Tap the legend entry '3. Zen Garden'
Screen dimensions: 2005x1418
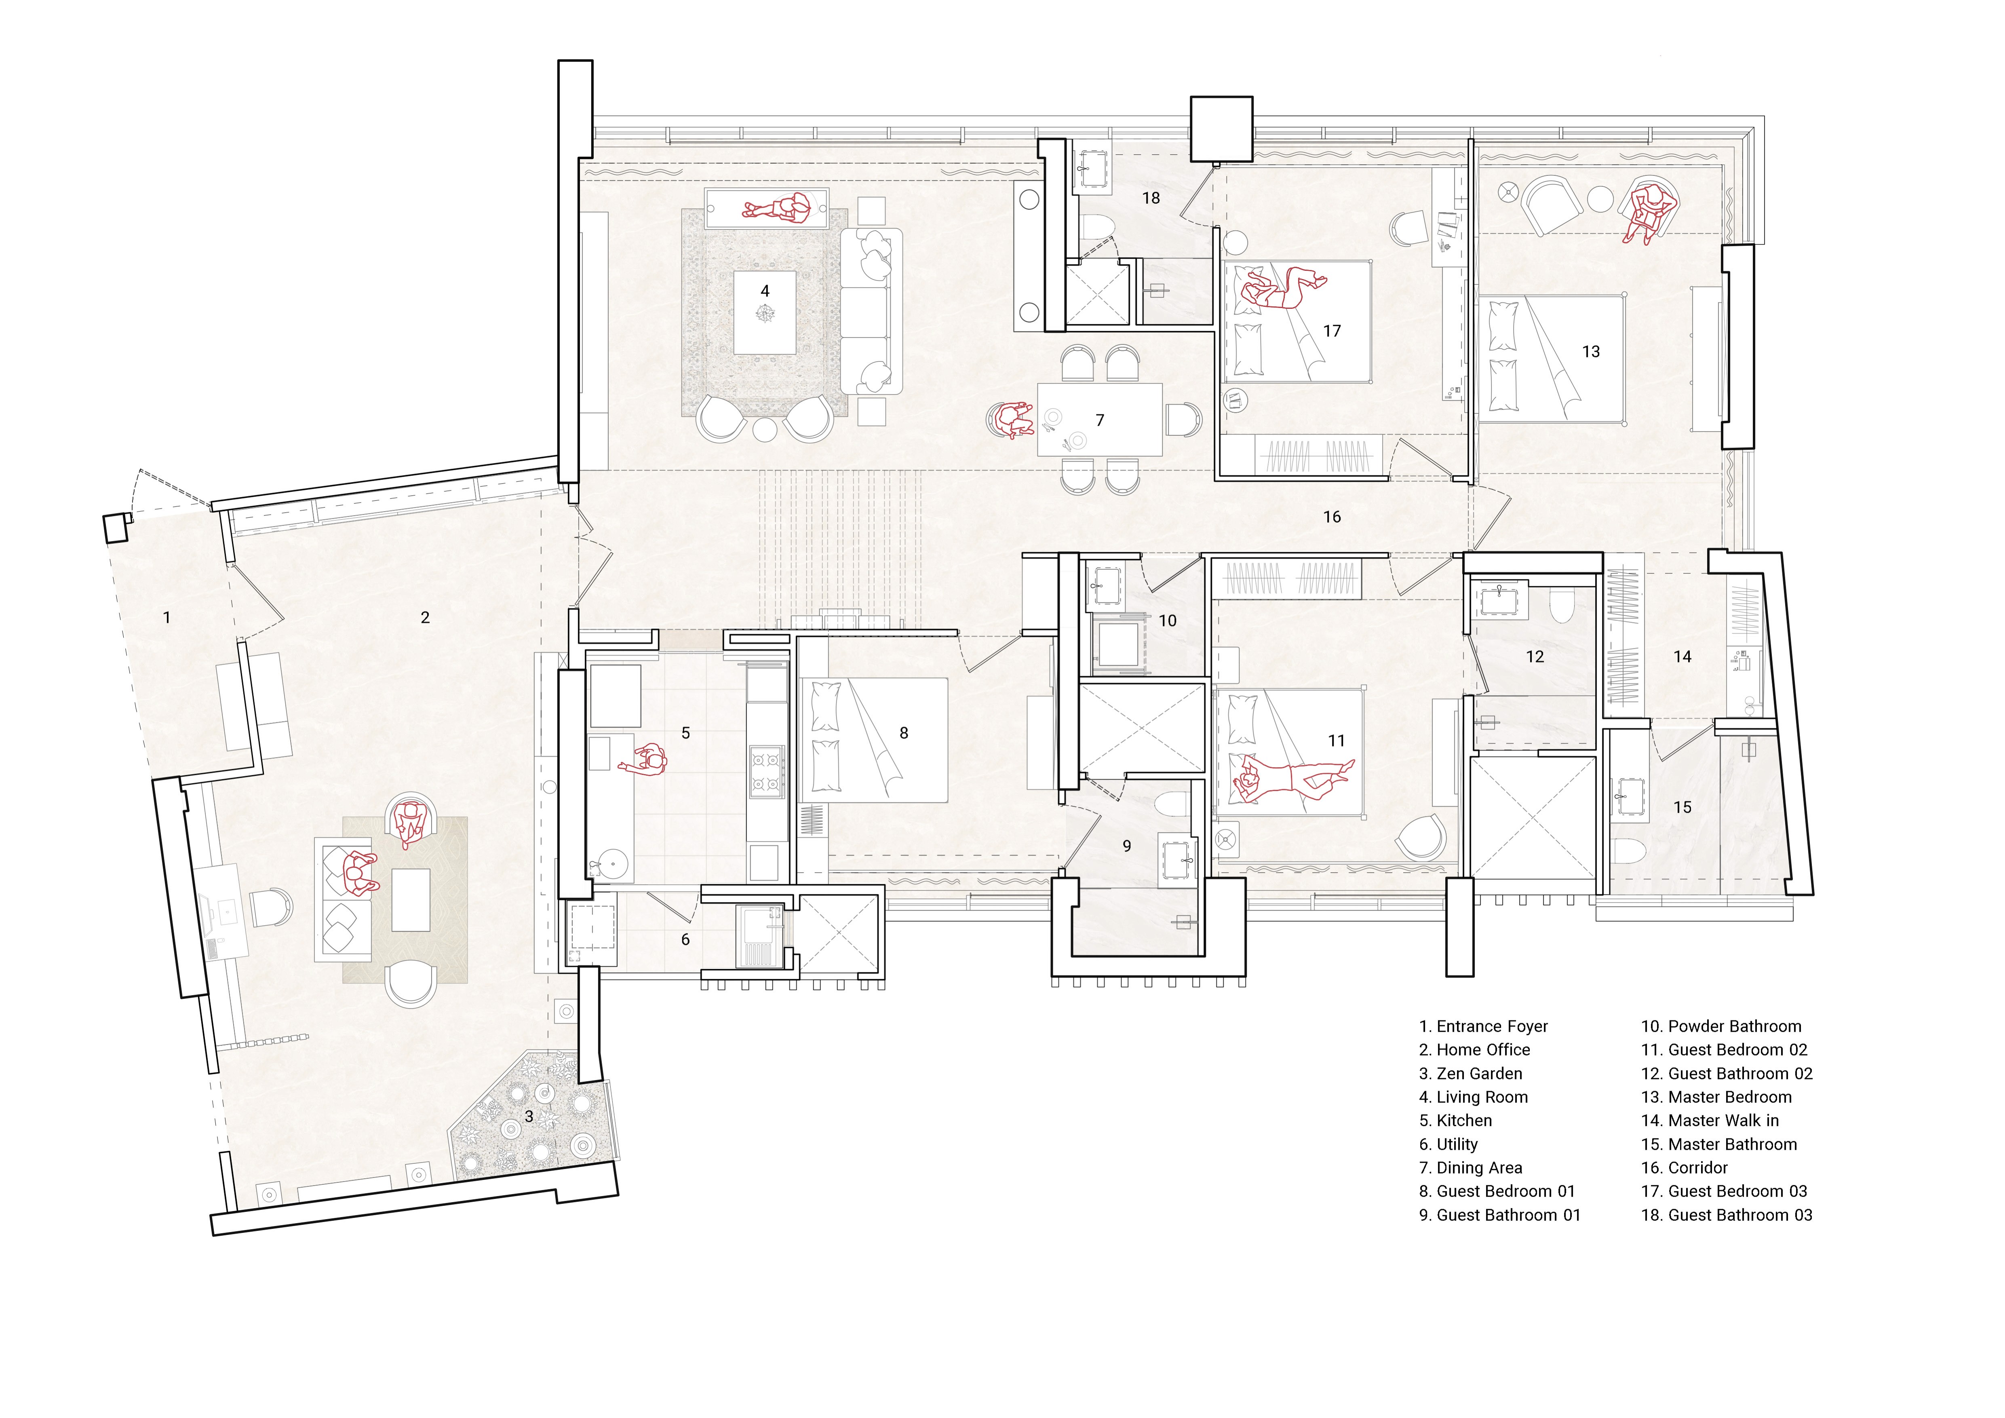click(x=1471, y=1073)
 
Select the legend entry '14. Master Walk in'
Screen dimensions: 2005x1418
click(x=1710, y=1120)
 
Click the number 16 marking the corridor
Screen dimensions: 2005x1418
click(x=1332, y=517)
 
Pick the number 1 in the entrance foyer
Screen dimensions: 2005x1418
click(x=167, y=617)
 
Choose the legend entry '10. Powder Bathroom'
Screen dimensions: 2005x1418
click(x=1721, y=1026)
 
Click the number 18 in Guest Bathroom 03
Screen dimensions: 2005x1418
click(x=1151, y=198)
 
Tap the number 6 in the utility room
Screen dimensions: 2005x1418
click(x=685, y=939)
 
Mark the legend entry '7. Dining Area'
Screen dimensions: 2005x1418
click(x=1471, y=1167)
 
